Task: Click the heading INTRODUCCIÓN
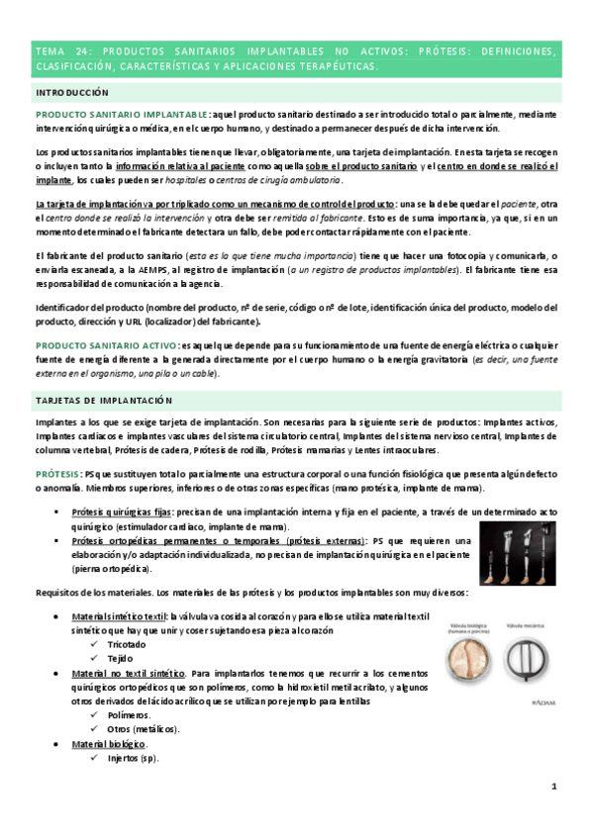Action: click(x=71, y=91)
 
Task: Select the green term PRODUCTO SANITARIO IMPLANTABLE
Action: click(x=122, y=115)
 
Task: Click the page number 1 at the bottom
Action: click(x=554, y=787)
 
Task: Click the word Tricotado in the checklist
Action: click(x=127, y=644)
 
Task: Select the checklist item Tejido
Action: click(x=120, y=658)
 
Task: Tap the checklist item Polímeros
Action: click(x=129, y=714)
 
